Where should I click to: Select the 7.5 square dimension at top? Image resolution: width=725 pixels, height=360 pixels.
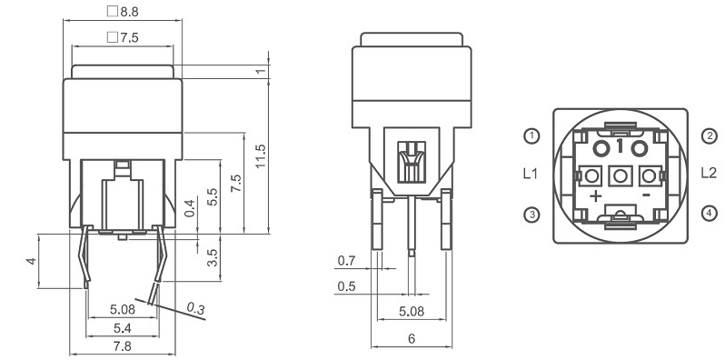pyautogui.click(x=123, y=37)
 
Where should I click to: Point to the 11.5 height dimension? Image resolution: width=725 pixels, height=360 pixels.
pyautogui.click(x=261, y=156)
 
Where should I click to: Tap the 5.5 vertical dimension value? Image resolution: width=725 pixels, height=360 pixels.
pyautogui.click(x=213, y=196)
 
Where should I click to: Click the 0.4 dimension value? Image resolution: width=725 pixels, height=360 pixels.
pyautogui.click(x=190, y=209)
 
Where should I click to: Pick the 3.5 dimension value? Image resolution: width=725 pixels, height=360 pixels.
pyautogui.click(x=213, y=258)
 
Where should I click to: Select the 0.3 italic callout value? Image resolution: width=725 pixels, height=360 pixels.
pyautogui.click(x=195, y=307)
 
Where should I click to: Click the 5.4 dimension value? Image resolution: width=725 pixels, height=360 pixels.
pyautogui.click(x=123, y=328)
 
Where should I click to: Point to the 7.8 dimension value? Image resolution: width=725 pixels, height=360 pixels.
pyautogui.click(x=123, y=346)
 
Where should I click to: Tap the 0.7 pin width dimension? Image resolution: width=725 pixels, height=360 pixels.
pyautogui.click(x=346, y=261)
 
